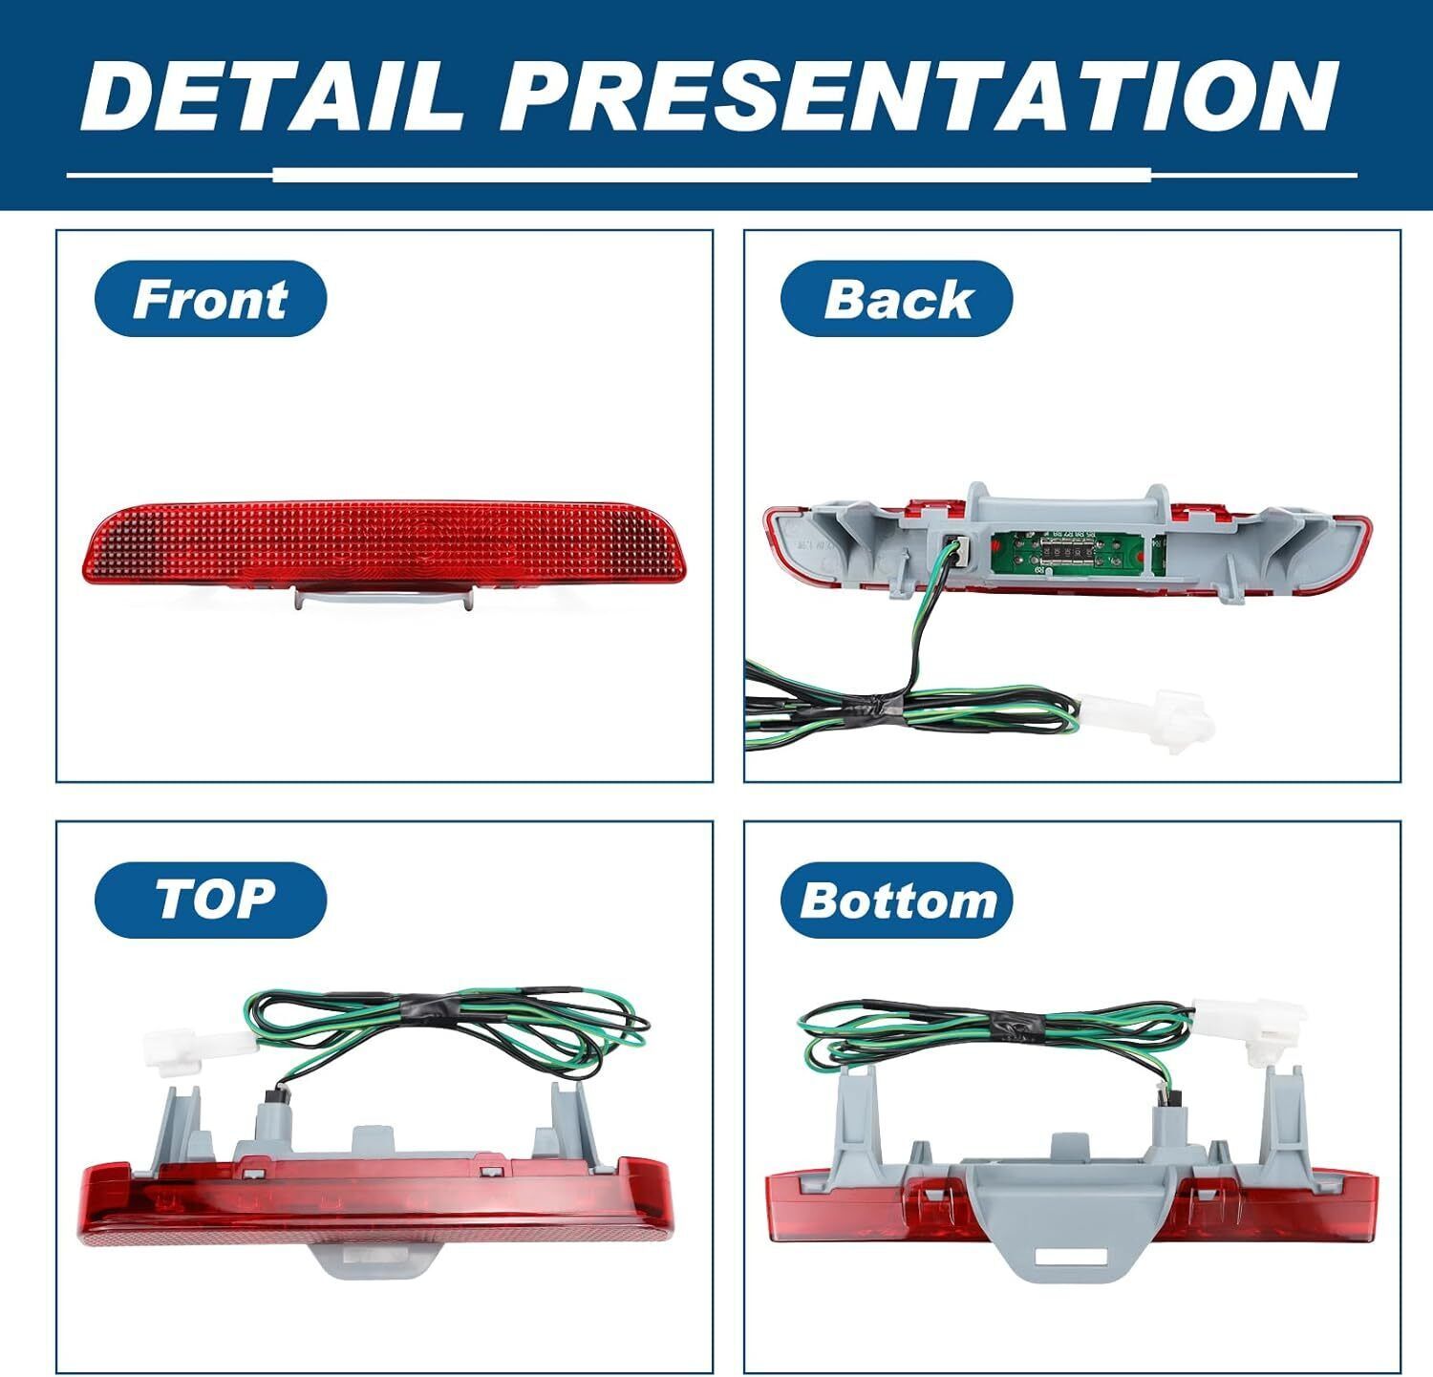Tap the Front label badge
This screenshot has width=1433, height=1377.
210,299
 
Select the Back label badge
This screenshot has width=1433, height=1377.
896,299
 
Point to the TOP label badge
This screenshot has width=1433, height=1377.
210,900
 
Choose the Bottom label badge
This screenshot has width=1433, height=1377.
896,900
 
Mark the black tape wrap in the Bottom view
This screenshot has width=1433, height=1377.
1018,1022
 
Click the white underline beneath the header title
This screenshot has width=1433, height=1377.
712,176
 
